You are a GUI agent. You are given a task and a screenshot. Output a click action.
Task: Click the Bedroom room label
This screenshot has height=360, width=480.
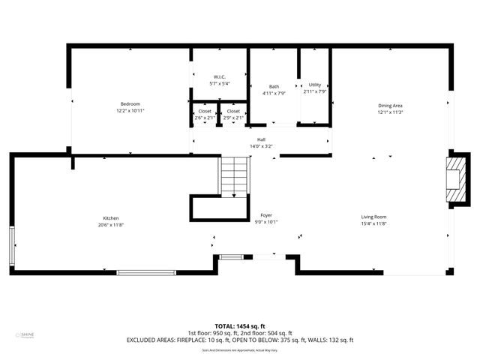click(x=130, y=103)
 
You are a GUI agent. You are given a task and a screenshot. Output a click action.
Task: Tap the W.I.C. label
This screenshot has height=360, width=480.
click(x=219, y=76)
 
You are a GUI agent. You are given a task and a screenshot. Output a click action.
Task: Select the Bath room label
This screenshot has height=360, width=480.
click(x=274, y=86)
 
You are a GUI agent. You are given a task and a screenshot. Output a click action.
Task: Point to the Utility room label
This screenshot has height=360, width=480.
click(x=314, y=85)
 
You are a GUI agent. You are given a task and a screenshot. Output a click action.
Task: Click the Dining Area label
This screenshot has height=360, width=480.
click(x=389, y=106)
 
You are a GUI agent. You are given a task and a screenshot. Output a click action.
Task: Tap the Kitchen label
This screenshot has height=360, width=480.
click(x=110, y=217)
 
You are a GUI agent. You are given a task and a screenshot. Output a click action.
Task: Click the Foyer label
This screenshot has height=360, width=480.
click(x=265, y=215)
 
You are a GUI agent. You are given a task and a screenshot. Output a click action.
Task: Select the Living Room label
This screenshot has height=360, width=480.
click(x=373, y=217)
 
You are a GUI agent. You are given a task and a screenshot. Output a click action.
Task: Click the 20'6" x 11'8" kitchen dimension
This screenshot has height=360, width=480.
click(x=110, y=224)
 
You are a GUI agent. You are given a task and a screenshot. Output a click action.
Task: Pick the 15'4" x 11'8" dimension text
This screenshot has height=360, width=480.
click(x=373, y=223)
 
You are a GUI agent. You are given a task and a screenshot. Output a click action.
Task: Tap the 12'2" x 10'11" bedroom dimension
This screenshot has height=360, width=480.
click(x=130, y=110)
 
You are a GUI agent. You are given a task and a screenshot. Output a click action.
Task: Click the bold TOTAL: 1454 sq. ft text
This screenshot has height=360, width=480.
click(x=240, y=327)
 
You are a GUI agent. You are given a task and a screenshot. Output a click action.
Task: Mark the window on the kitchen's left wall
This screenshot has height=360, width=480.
click(x=11, y=247)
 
